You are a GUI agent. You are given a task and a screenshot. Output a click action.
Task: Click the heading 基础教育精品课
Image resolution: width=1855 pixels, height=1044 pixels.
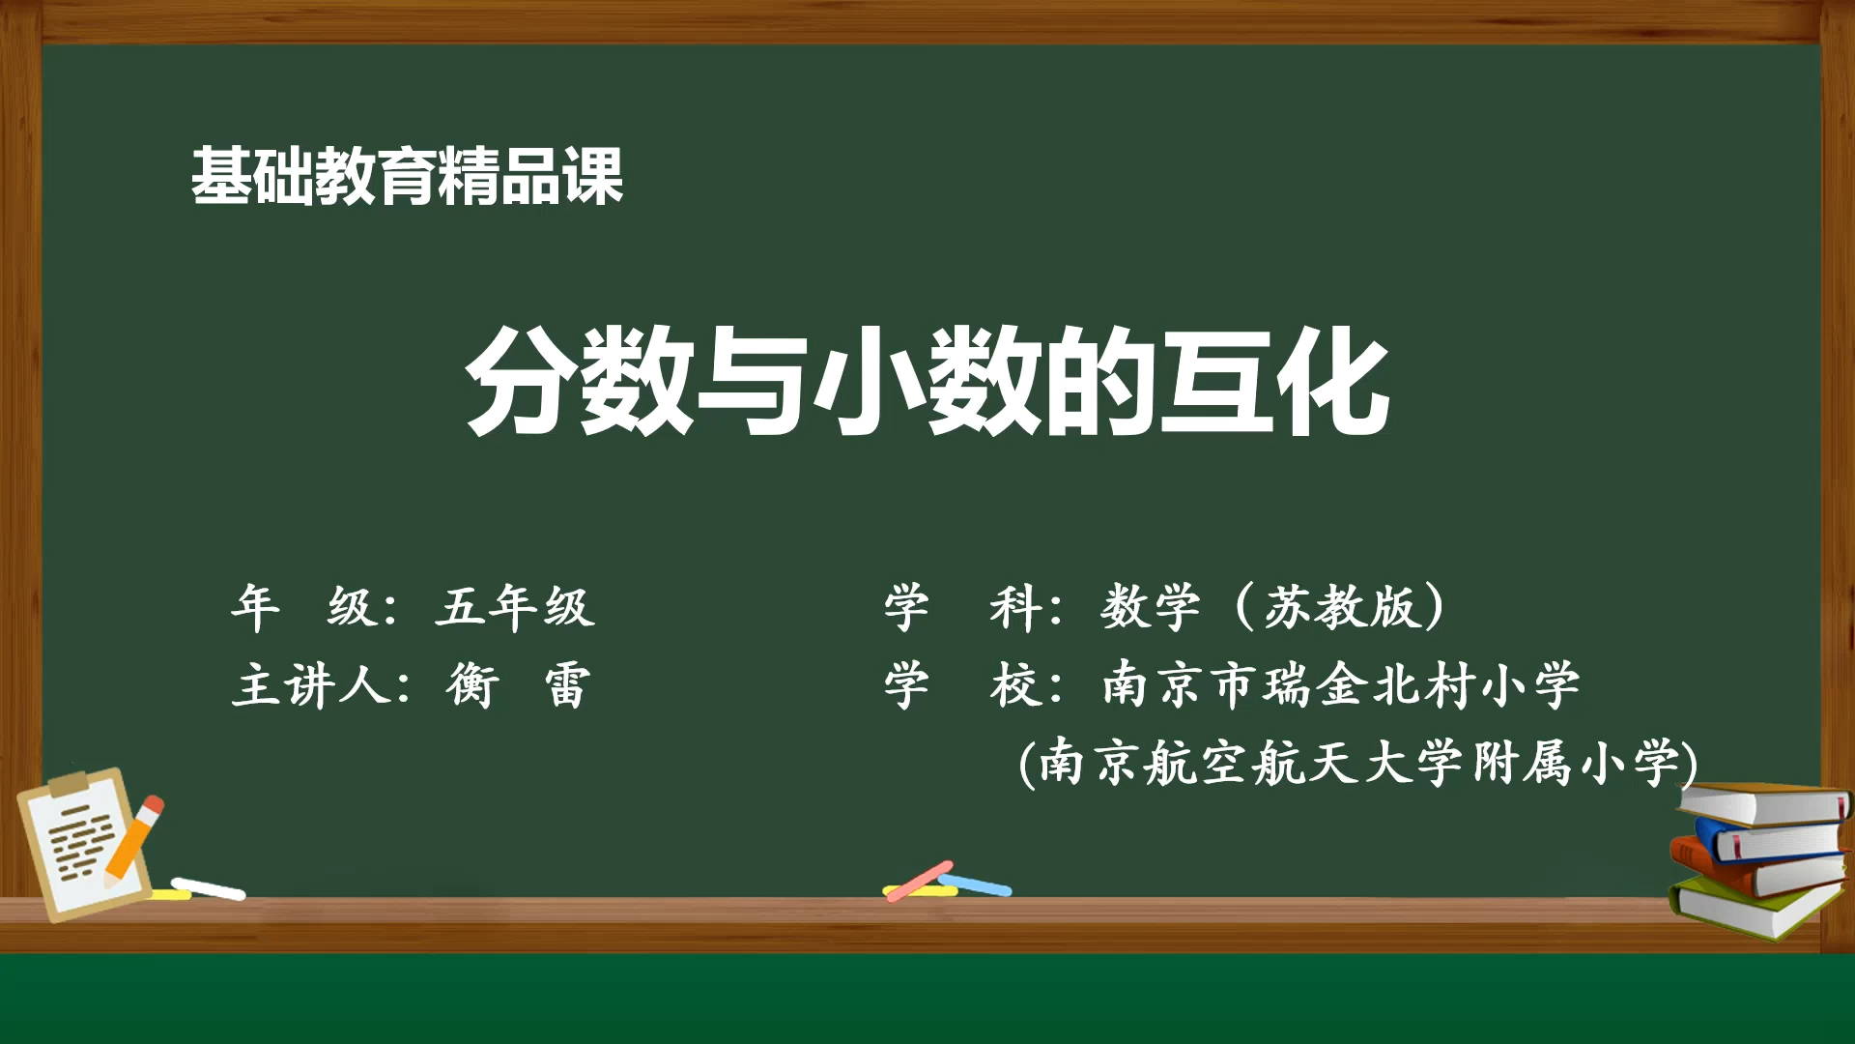tap(407, 176)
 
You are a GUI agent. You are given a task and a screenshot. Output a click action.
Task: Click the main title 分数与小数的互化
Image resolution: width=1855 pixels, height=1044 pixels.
tap(927, 380)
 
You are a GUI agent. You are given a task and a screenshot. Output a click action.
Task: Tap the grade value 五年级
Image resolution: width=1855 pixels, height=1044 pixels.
tap(515, 607)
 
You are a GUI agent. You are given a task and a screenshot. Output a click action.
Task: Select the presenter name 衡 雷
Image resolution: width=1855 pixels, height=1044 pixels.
tap(518, 686)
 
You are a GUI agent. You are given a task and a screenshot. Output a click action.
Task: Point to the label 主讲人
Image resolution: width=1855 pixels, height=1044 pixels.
tap(311, 686)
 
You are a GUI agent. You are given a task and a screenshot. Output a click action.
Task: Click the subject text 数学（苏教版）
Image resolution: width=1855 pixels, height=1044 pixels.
tap(1273, 607)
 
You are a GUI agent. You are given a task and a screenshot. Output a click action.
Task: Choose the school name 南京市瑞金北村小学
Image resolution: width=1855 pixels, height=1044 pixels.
tap(1341, 685)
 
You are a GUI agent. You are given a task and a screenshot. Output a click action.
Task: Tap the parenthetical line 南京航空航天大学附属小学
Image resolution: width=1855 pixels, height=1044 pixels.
tap(1357, 763)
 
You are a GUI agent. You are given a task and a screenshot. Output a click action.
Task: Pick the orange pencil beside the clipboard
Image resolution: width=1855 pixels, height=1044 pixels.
tap(134, 840)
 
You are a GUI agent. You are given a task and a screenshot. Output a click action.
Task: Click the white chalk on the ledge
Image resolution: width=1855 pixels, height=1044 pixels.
tap(209, 888)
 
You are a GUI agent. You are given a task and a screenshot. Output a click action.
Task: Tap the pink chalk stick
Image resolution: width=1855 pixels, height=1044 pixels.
tap(919, 881)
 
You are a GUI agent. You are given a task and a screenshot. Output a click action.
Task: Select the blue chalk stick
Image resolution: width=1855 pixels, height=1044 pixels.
tap(975, 884)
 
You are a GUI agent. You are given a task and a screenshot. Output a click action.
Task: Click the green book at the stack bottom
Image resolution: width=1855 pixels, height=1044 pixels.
tap(1754, 909)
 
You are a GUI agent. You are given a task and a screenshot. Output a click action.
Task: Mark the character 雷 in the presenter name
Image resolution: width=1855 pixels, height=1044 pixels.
tap(567, 686)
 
